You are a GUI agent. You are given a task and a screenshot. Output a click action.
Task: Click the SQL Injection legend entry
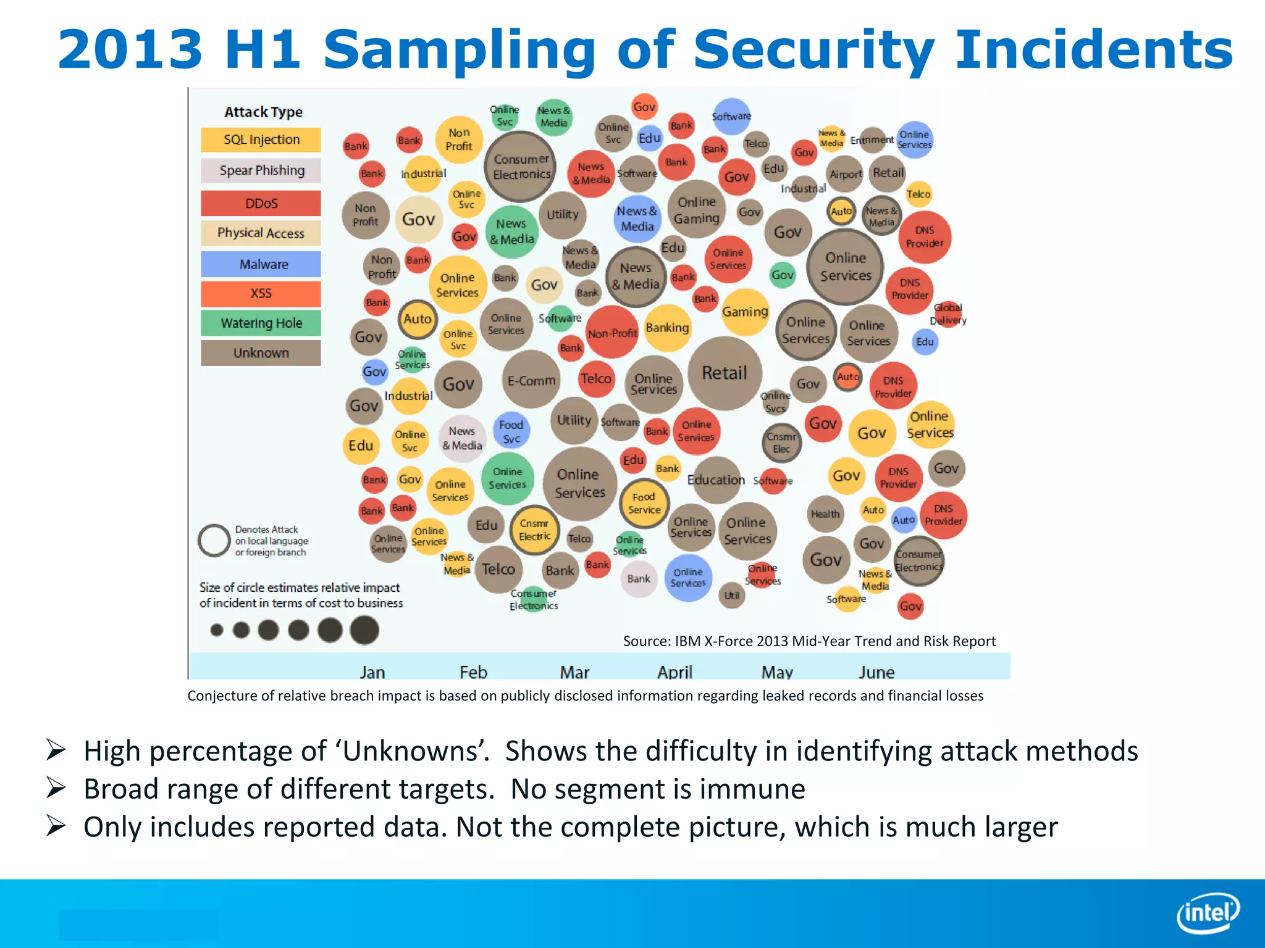(261, 139)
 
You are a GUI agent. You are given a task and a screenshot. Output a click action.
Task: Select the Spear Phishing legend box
(261, 170)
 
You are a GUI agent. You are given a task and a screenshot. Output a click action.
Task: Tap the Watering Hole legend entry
(261, 323)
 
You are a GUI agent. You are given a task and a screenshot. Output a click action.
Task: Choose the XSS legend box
(261, 293)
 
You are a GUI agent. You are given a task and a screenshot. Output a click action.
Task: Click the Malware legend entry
(261, 264)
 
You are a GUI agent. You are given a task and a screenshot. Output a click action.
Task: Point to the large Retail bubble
(725, 373)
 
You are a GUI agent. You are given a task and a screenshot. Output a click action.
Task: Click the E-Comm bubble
(531, 381)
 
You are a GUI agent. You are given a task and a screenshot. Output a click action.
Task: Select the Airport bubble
(845, 174)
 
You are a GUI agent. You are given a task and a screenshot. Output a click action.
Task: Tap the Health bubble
(825, 513)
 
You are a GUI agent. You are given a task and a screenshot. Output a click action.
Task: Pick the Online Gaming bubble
(696, 210)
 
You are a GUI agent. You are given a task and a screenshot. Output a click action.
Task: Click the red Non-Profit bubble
(611, 333)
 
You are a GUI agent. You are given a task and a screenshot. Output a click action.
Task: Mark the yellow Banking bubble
(667, 328)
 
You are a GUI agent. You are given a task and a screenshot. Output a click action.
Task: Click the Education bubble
(716, 480)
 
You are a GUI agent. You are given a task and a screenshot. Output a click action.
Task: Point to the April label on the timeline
(675, 671)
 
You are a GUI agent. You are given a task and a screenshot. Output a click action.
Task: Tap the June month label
(876, 671)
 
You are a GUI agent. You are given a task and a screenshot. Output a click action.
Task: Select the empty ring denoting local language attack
(214, 541)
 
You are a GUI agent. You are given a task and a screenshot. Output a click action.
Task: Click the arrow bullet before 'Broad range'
(56, 788)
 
